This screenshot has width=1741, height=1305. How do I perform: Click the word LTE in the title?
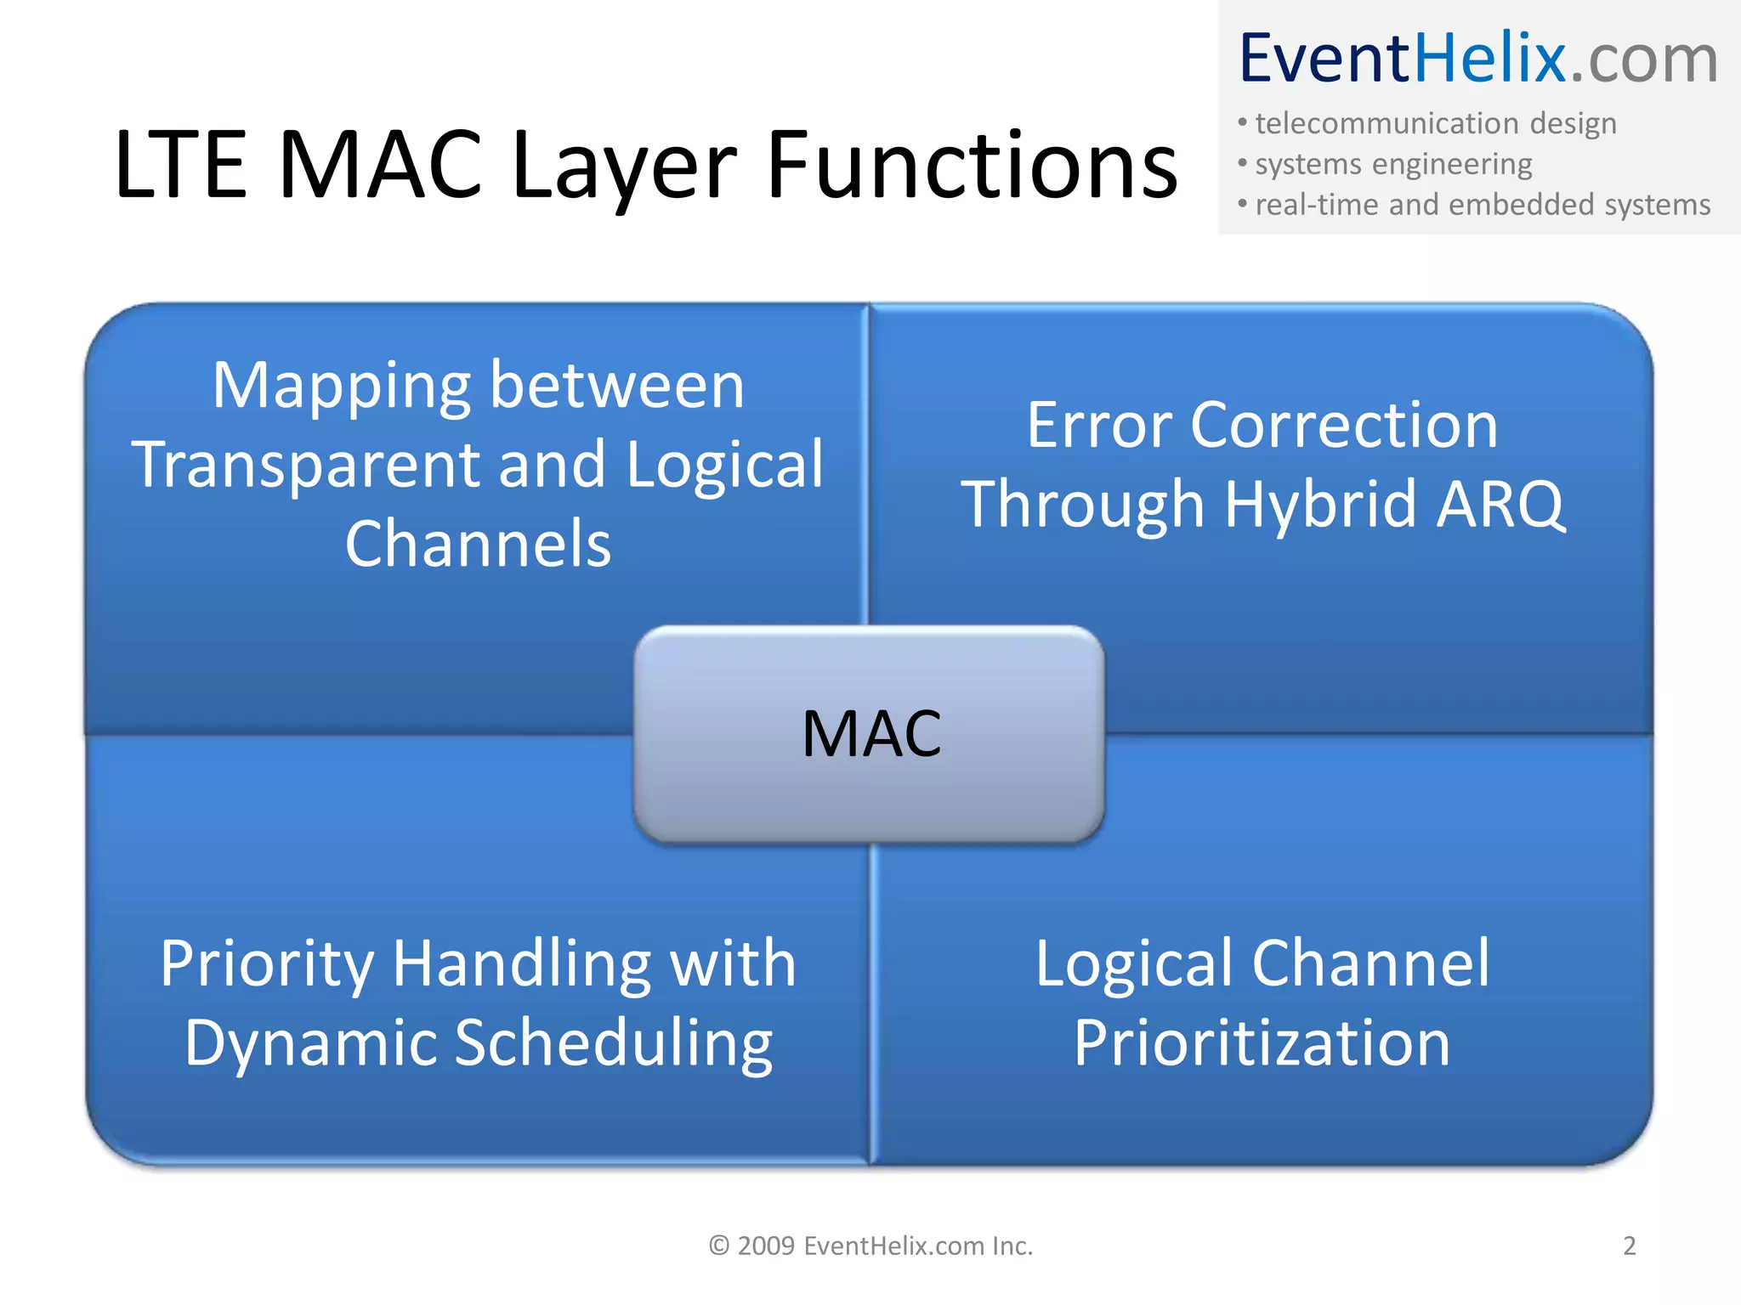180,167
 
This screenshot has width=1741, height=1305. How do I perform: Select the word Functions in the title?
972,167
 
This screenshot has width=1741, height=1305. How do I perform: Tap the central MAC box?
870,734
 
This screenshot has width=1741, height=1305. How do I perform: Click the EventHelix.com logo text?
1478,59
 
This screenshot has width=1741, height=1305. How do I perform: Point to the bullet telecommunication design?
1435,124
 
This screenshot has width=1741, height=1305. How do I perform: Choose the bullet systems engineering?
1393,164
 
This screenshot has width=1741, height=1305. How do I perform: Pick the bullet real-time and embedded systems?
1482,205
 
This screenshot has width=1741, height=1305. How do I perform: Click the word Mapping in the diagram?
340,387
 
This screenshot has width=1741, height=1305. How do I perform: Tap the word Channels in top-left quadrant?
478,544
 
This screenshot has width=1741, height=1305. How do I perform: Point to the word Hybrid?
1320,505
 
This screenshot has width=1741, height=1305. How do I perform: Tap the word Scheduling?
613,1043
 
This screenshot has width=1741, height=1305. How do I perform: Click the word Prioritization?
1262,1043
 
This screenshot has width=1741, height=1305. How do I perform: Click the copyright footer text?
870,1246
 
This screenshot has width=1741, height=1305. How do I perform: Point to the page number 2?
1629,1246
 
